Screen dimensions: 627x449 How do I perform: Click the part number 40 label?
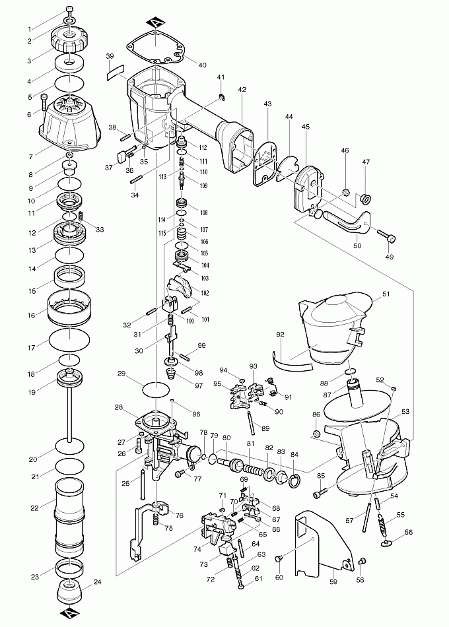[x=202, y=65]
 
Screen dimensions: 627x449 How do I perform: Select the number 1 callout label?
[x=29, y=29]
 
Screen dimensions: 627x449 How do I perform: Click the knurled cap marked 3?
[x=70, y=44]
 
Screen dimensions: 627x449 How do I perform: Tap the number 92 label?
[x=280, y=335]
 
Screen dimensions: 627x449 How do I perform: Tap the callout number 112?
[x=203, y=147]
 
